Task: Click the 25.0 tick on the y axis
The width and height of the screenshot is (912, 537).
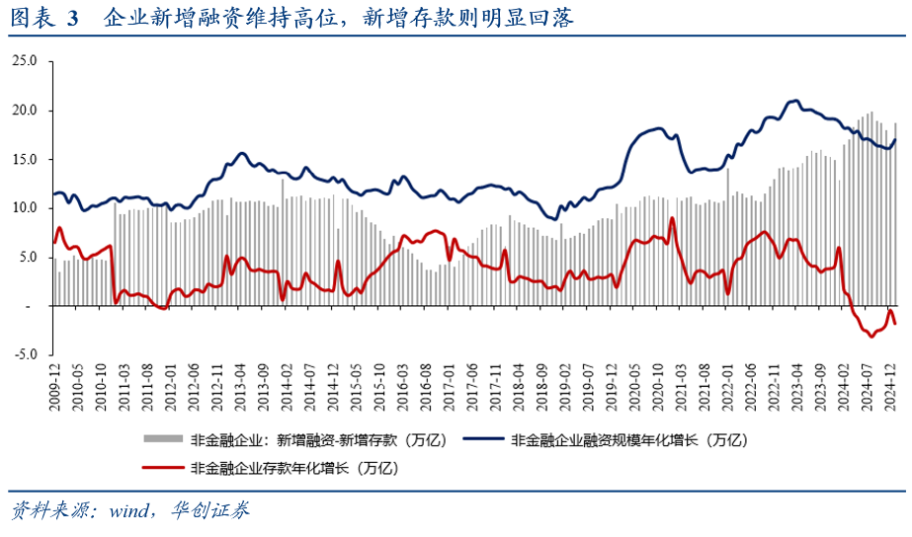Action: [x=26, y=61]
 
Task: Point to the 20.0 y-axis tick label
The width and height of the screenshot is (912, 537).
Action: [x=26, y=111]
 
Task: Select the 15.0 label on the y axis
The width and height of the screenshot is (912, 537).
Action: [x=26, y=159]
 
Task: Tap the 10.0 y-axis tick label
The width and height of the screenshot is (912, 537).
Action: [x=26, y=208]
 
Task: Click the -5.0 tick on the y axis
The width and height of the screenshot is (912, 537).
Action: [x=26, y=354]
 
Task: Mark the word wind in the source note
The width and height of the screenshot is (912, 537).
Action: [x=127, y=510]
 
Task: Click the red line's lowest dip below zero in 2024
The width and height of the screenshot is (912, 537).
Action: [x=871, y=336]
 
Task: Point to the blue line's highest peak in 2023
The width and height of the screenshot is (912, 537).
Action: [x=794, y=101]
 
